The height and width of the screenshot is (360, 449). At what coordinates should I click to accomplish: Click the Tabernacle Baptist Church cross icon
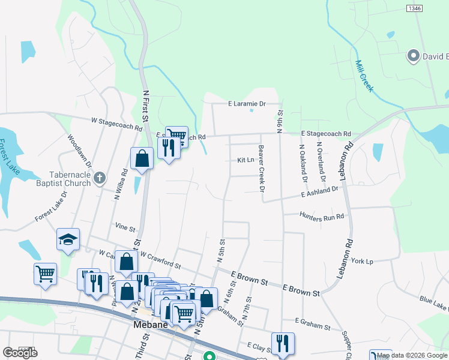(x=100, y=178)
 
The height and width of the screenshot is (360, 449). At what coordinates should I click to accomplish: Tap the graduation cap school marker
(x=68, y=240)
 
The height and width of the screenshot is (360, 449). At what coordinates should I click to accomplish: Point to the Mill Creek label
(x=364, y=76)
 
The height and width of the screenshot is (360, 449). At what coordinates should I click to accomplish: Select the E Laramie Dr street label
(x=246, y=103)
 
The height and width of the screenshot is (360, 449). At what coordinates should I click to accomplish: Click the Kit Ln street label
(x=246, y=160)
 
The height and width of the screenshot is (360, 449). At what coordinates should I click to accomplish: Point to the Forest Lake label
(x=11, y=156)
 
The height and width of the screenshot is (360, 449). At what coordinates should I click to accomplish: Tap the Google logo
(x=20, y=353)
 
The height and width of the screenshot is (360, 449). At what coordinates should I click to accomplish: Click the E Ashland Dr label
(x=320, y=191)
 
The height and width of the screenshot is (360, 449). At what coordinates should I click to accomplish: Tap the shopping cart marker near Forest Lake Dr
(x=46, y=274)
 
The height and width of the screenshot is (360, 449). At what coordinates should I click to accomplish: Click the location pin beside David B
(x=413, y=56)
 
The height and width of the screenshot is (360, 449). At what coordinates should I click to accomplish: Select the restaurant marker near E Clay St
(x=283, y=343)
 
